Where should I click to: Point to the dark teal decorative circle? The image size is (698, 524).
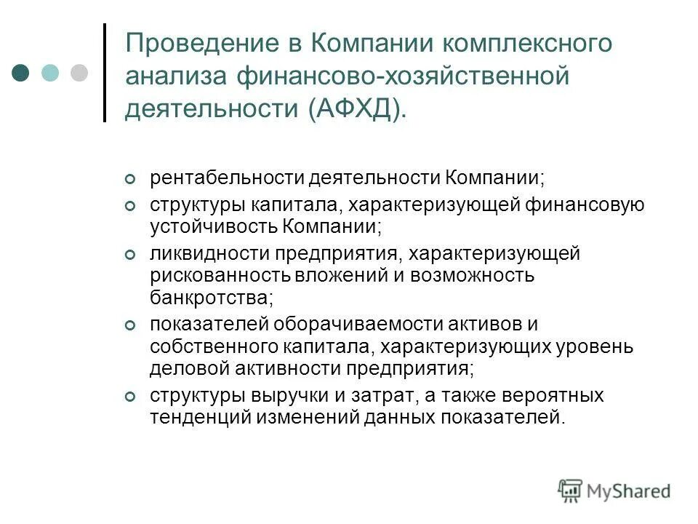pyautogui.click(x=20, y=73)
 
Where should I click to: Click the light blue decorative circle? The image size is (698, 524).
pyautogui.click(x=49, y=73)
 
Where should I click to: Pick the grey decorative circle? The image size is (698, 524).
pyautogui.click(x=78, y=73)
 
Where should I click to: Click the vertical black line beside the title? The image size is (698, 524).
pyautogui.click(x=105, y=73)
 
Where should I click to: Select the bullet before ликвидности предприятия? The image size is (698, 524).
pyautogui.click(x=130, y=255)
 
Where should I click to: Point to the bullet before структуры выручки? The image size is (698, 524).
pyautogui.click(x=130, y=397)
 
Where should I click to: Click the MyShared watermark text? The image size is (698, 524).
pyautogui.click(x=628, y=491)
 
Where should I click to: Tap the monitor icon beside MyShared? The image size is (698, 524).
pyautogui.click(x=570, y=491)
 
